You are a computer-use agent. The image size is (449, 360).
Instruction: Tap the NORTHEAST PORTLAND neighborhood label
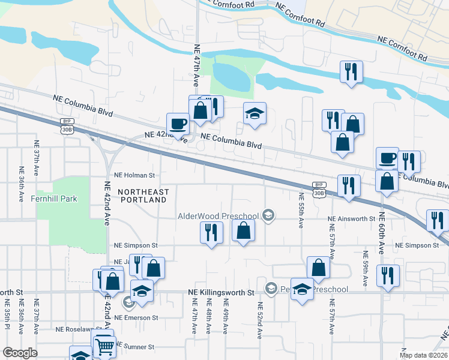coord(143,196)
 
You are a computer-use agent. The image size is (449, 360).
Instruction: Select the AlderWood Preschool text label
coord(218,216)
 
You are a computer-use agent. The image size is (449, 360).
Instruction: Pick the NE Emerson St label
coord(136,317)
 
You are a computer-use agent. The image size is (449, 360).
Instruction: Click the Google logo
coord(20,353)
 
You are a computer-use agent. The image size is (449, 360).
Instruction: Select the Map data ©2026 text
coord(423,355)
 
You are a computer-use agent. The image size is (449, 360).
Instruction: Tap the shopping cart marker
coord(105,346)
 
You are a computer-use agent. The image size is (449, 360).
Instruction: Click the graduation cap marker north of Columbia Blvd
coord(255,113)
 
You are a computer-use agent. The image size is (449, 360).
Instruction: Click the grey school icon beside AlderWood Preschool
coord(269,215)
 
